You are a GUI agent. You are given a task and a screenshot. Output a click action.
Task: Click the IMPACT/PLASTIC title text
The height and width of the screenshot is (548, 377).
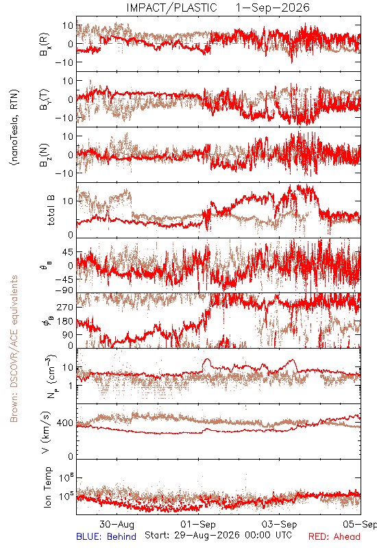tap(172, 8)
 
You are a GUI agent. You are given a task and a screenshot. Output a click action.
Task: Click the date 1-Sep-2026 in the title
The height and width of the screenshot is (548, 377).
tap(272, 8)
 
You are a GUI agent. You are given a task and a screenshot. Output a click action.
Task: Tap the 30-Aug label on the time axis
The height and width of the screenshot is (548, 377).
tap(117, 524)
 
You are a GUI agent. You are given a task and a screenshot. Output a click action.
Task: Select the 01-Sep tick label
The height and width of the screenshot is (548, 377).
tap(198, 524)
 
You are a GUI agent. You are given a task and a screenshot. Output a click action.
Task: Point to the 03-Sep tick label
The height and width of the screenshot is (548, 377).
tap(280, 524)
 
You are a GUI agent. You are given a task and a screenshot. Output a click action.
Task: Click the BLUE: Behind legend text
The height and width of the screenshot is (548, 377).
tap(106, 536)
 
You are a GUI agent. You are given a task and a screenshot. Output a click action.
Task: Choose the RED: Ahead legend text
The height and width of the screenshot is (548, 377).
tap(335, 536)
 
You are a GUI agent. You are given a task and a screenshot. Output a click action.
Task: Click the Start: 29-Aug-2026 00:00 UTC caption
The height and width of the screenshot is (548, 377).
tap(218, 535)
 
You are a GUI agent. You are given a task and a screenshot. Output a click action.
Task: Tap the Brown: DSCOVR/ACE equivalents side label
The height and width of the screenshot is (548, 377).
tap(14, 349)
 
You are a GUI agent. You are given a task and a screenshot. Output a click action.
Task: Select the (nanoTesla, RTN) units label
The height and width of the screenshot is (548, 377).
tap(14, 127)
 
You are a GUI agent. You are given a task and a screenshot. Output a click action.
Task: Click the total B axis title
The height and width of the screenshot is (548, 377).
tap(51, 210)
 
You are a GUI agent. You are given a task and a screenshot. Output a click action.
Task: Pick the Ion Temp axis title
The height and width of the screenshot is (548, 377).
tap(47, 487)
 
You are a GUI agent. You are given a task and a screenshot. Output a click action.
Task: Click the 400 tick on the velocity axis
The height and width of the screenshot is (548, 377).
tap(65, 423)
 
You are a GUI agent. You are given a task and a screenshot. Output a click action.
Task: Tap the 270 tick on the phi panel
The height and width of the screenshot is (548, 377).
tap(65, 307)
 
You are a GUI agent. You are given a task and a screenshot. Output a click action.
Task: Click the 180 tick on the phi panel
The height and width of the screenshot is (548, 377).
tap(65, 321)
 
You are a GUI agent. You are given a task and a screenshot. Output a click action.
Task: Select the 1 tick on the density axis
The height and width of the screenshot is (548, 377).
tap(71, 386)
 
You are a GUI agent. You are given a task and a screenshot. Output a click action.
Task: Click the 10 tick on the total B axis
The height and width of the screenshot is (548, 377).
tap(68, 201)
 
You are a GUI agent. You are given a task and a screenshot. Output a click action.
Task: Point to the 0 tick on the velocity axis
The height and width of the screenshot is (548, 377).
tap(71, 456)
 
